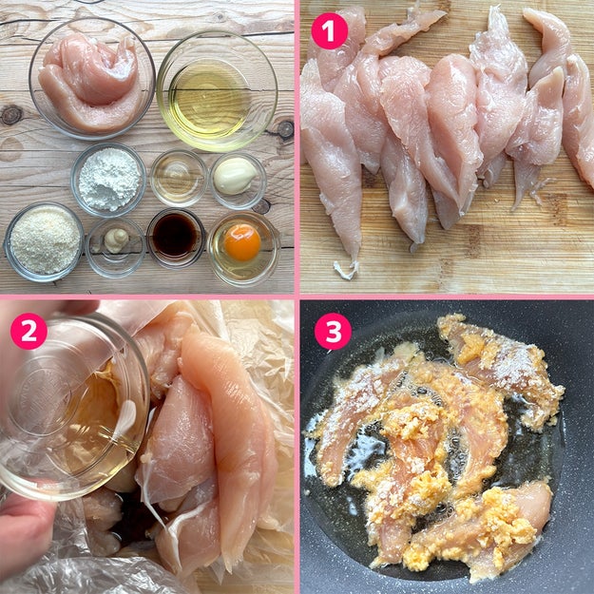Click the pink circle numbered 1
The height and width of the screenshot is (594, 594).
pos(329,31)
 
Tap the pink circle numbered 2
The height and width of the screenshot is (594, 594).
pos(29,331)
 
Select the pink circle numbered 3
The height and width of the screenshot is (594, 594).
pos(333,331)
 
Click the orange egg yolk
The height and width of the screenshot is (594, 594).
pos(242,242)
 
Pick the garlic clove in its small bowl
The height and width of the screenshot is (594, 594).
pos(235,176)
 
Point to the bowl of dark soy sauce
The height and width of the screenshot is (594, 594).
pos(176,238)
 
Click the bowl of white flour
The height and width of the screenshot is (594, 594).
pos(108,180)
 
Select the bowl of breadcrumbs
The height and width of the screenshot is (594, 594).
pos(44,241)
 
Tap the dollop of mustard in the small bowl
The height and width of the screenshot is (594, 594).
pos(116,240)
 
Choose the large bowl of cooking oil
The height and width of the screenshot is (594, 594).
pos(217,91)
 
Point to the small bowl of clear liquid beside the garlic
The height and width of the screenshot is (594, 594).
pos(179,179)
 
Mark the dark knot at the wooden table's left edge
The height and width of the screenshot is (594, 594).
pos(10,115)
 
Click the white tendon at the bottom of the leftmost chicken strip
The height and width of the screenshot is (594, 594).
pos(346,269)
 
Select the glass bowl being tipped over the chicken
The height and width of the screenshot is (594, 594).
pos(72,409)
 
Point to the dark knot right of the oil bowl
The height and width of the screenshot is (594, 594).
pos(285,130)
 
